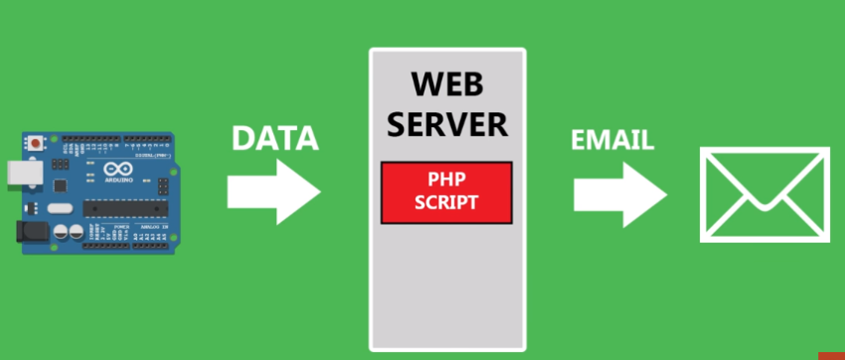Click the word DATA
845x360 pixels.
tap(274, 138)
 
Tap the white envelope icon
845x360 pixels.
tap(763, 194)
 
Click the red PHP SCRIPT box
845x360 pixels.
tap(446, 192)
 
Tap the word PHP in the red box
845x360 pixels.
tap(446, 181)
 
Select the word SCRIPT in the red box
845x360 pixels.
tap(446, 202)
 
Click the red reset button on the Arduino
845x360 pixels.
tap(38, 143)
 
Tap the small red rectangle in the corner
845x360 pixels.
tap(831, 354)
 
